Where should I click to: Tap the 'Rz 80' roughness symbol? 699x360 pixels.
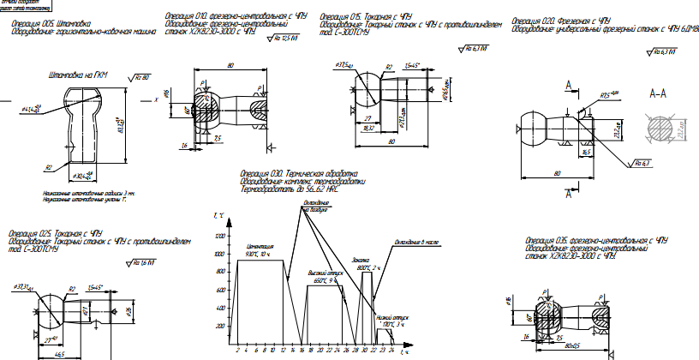[138, 77]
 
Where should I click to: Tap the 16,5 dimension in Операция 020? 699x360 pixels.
[586, 151]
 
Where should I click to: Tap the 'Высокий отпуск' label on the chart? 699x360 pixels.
[322, 272]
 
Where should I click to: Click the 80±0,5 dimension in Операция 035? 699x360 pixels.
[570, 352]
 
